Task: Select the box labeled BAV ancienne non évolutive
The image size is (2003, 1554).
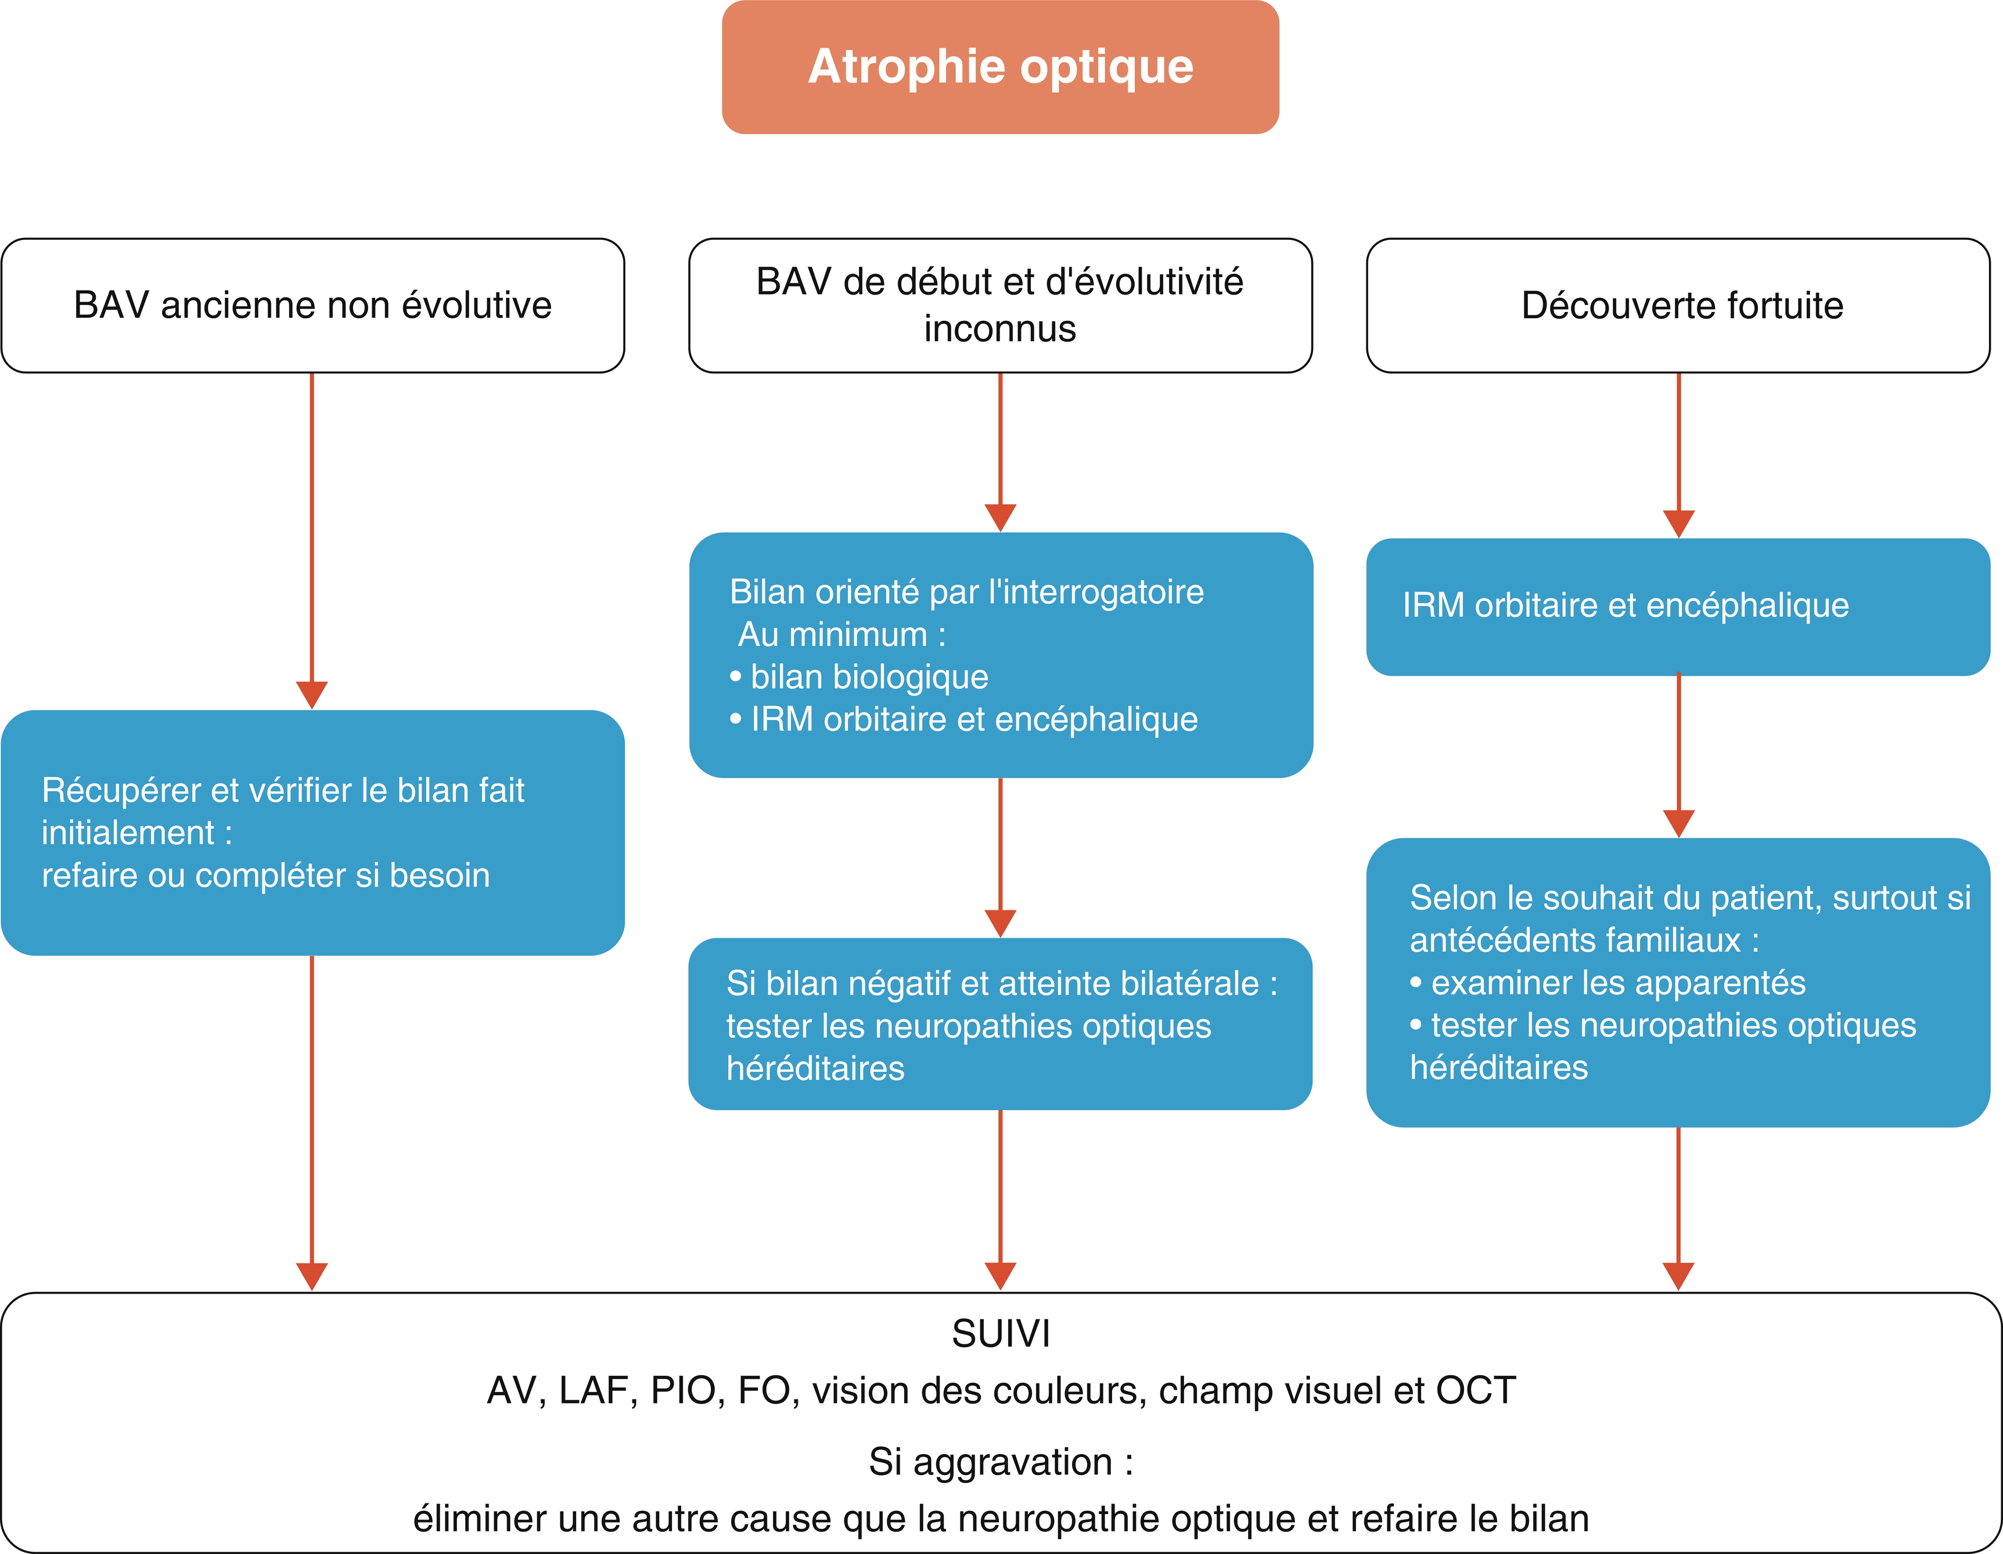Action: (313, 306)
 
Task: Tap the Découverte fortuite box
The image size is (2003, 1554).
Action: (1678, 306)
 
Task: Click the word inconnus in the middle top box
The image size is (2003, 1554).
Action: (999, 328)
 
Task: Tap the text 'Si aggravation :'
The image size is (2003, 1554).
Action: (1001, 1462)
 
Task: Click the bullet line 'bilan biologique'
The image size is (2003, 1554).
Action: (860, 676)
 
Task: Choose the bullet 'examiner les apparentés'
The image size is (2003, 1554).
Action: (1608, 982)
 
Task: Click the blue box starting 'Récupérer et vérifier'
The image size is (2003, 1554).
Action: (313, 833)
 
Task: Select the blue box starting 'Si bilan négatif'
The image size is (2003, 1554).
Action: (1001, 1024)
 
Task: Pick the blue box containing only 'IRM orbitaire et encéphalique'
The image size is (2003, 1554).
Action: (1678, 606)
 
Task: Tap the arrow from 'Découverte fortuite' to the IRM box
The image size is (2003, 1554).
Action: (1678, 455)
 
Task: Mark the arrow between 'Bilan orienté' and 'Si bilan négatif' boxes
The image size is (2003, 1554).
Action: (1001, 857)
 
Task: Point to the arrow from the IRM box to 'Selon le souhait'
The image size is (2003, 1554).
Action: (1678, 756)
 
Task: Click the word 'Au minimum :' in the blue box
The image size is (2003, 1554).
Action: (842, 634)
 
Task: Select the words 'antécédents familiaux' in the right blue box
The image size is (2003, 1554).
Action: (1575, 941)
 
